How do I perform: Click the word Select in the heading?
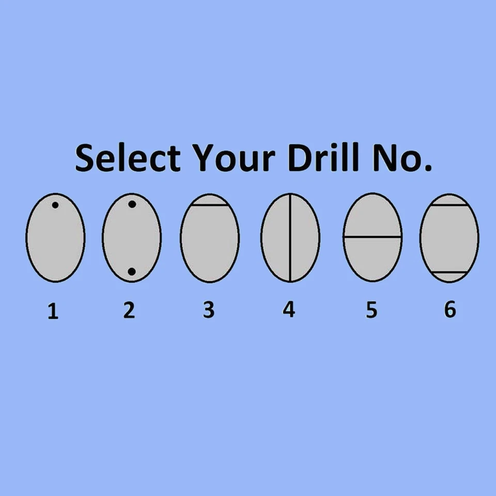click(x=128, y=157)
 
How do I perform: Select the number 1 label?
click(x=53, y=311)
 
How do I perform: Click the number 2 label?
click(x=129, y=310)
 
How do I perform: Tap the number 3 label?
click(x=209, y=310)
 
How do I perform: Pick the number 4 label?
click(x=289, y=309)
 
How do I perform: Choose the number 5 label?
click(x=371, y=310)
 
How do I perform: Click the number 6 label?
click(x=450, y=309)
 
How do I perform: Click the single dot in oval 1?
click(x=55, y=205)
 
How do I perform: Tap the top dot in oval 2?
click(x=132, y=205)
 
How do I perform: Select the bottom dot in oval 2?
click(x=132, y=271)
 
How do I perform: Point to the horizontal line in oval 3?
click(x=210, y=205)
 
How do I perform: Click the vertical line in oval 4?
click(x=290, y=237)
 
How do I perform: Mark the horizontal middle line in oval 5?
click(x=373, y=237)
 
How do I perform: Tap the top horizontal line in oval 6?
click(x=449, y=205)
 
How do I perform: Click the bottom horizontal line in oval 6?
click(x=449, y=272)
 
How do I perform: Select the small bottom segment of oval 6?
click(x=449, y=276)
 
